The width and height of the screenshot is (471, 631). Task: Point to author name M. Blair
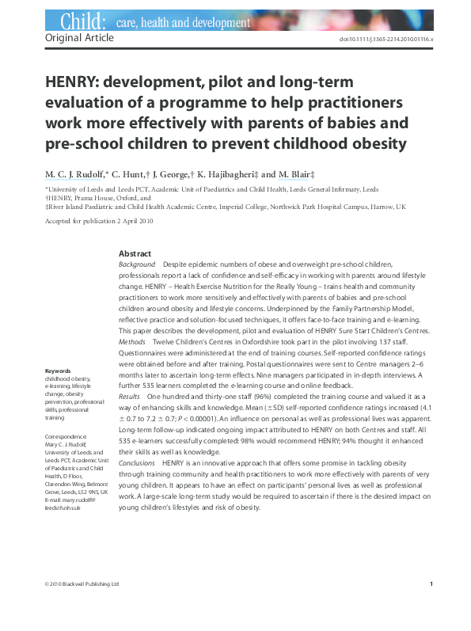coord(299,174)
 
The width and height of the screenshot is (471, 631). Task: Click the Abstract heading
coord(135,253)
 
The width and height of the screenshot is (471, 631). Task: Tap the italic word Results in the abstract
coord(129,394)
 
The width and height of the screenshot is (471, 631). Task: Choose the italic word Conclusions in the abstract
coord(137,462)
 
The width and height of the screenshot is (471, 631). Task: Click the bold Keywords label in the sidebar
coord(59,371)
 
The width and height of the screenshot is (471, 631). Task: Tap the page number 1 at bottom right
coord(431,584)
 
